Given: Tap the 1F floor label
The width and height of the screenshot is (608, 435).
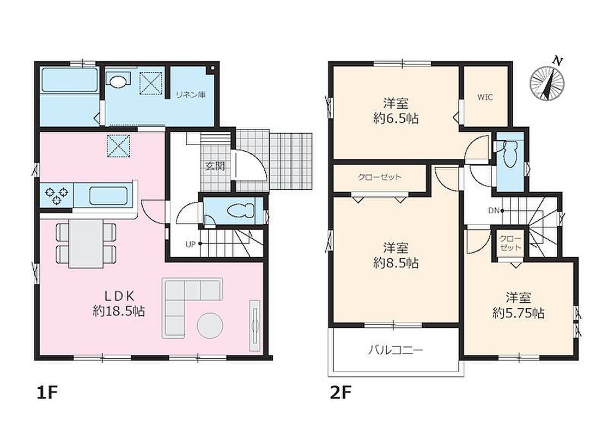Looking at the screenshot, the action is click(47, 393).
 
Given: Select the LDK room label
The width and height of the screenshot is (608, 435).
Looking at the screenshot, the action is click(119, 296).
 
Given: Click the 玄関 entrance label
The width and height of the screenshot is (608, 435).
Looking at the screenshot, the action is click(215, 166).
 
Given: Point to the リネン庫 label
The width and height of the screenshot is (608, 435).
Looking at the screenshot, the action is click(191, 95).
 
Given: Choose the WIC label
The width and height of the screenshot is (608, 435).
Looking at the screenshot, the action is click(485, 97).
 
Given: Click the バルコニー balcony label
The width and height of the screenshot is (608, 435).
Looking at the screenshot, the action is click(396, 351).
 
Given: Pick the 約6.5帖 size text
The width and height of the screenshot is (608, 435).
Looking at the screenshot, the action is click(396, 119).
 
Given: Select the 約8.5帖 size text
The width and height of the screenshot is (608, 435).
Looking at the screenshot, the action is click(396, 263).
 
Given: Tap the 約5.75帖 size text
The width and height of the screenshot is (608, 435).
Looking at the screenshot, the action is click(519, 313).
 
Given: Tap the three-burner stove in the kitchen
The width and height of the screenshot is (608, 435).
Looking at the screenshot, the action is click(57, 195).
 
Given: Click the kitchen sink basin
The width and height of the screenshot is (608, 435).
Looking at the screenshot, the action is click(108, 195).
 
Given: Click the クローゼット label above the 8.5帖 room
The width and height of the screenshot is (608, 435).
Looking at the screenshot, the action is click(380, 178).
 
